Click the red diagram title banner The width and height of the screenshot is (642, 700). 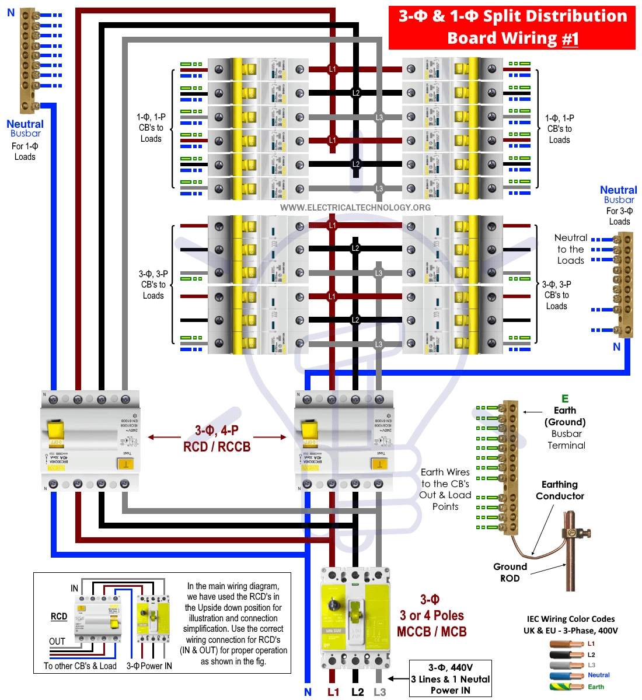(512, 27)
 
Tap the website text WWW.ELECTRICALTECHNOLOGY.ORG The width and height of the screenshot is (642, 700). (355, 208)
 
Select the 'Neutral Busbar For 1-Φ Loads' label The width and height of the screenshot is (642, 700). (25, 139)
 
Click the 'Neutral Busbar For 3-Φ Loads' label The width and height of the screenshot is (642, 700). (619, 205)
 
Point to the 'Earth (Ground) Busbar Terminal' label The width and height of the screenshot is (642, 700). (565, 428)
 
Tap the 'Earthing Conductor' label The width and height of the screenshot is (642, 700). (560, 490)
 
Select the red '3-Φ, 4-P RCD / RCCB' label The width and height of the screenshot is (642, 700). (217, 439)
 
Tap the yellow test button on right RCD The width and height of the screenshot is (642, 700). (379, 464)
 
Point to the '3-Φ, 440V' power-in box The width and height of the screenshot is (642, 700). (450, 678)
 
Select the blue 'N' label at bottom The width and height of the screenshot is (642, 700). (308, 692)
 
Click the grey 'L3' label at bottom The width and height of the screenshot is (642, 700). (379, 692)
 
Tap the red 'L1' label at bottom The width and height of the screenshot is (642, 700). (333, 692)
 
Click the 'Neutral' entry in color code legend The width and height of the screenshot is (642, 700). (598, 675)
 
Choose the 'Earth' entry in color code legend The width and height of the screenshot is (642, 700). (596, 687)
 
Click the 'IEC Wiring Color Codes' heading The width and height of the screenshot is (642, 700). (570, 619)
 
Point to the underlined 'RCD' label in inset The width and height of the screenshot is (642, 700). (59, 616)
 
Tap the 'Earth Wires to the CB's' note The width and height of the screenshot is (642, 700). (445, 489)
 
